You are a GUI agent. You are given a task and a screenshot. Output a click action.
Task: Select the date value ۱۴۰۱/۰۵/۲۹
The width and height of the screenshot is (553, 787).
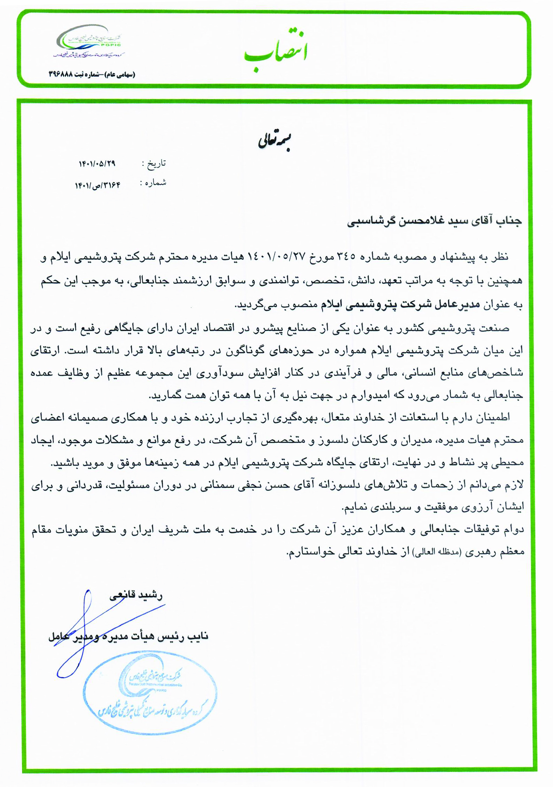pyautogui.click(x=97, y=164)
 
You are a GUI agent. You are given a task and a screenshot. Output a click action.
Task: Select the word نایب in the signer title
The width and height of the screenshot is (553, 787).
pyautogui.click(x=199, y=637)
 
